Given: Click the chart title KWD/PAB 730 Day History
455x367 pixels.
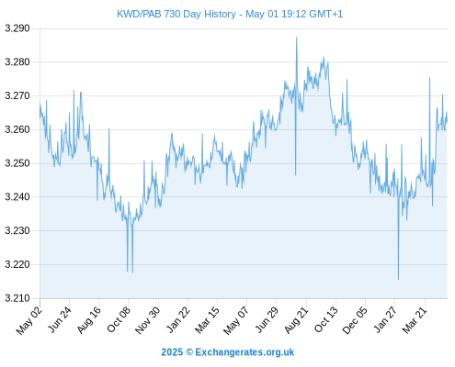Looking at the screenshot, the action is pyautogui.click(x=176, y=14).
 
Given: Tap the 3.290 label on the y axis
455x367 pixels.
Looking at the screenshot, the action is pyautogui.click(x=17, y=28).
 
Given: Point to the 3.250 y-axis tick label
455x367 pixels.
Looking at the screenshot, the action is pyautogui.click(x=17, y=163).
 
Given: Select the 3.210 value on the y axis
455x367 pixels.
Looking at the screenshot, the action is pyautogui.click(x=17, y=298).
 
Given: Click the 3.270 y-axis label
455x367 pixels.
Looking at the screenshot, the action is pyautogui.click(x=17, y=95).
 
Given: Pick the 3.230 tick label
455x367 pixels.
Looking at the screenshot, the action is pyautogui.click(x=17, y=230).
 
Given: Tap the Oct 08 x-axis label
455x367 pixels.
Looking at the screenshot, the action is pyautogui.click(x=119, y=319).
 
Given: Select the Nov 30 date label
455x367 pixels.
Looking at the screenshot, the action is pyautogui.click(x=147, y=320).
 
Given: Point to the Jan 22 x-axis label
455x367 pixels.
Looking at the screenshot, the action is pyautogui.click(x=177, y=319).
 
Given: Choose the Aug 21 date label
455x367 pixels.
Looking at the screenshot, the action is pyautogui.click(x=296, y=320).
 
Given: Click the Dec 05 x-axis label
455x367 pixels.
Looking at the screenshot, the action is pyautogui.click(x=355, y=320).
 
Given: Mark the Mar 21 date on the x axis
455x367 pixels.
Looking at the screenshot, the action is pyautogui.click(x=415, y=319).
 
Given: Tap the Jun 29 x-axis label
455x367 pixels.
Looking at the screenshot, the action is pyautogui.click(x=267, y=319).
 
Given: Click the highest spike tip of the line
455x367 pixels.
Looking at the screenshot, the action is pyautogui.click(x=297, y=37).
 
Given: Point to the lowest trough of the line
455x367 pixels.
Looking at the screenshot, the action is pyautogui.click(x=398, y=279).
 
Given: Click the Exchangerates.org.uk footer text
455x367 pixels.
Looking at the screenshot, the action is pyautogui.click(x=245, y=352).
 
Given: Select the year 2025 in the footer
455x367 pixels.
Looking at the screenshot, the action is pyautogui.click(x=172, y=352).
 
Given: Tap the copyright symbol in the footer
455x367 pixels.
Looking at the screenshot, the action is pyautogui.click(x=189, y=352).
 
